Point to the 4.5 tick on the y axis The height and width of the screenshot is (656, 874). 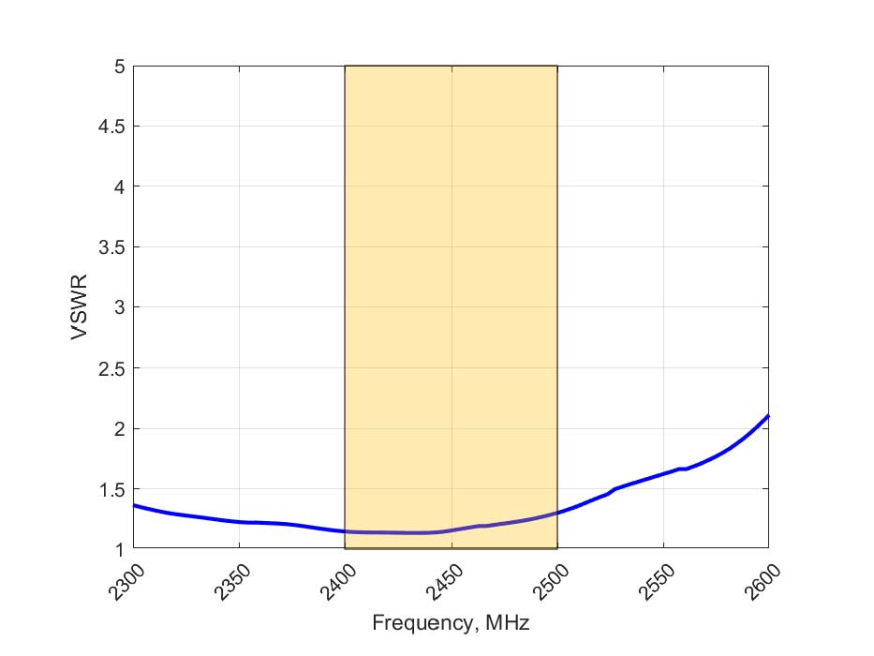[111, 127]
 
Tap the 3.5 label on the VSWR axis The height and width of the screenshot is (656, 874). [111, 247]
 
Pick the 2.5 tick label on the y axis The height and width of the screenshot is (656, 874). [111, 368]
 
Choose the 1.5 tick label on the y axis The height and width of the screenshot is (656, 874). [111, 489]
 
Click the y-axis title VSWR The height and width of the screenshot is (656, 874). [83, 307]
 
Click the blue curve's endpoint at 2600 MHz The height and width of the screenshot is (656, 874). [768, 415]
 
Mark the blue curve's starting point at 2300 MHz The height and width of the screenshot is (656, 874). [134, 505]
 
